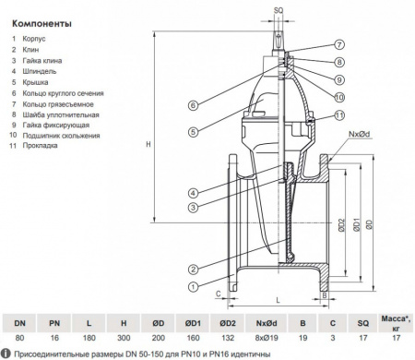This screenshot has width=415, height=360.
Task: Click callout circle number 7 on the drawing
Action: (x=339, y=44)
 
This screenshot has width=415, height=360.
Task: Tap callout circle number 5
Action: (x=193, y=132)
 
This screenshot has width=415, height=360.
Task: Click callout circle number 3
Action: (x=193, y=206)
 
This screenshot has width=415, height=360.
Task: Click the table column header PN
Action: (x=54, y=323)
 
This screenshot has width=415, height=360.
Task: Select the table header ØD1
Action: (x=194, y=323)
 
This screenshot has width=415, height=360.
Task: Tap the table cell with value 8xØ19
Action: (x=267, y=339)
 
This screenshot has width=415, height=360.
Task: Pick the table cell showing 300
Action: (x=123, y=339)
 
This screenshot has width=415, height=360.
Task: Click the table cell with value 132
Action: (x=229, y=339)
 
